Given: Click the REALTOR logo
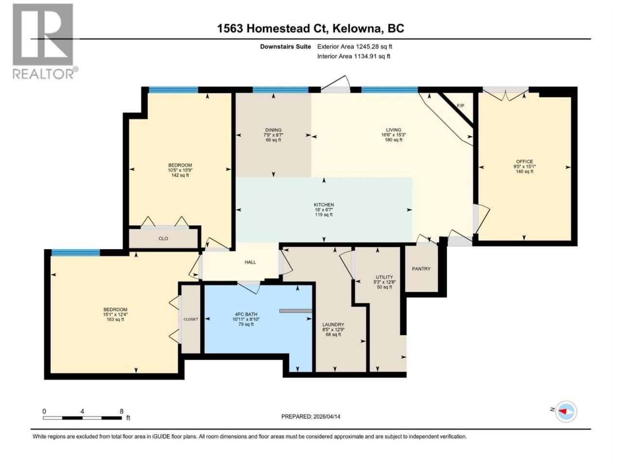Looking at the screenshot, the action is tap(45, 41).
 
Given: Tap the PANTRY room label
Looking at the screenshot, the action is tap(421, 269).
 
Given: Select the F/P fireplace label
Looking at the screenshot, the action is tap(461, 106).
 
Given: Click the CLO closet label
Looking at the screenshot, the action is tap(163, 238).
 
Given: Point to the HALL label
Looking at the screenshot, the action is tap(250, 262).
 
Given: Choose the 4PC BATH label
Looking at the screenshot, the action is tap(246, 314).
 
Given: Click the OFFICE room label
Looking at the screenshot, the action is tap(524, 162).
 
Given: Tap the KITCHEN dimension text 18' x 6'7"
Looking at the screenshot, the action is tap(324, 210).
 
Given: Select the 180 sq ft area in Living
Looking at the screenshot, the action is tap(393, 140).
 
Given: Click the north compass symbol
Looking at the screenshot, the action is tap(565, 412).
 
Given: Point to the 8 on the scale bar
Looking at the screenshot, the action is tap(121, 411).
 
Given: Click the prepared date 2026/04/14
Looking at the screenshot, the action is tap(327, 416).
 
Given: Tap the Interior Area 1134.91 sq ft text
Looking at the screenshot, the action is tap(354, 56).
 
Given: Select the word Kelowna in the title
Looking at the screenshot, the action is tap(356, 29).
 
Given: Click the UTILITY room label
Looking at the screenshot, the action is tap(384, 277).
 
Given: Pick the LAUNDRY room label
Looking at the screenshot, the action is tap(333, 324).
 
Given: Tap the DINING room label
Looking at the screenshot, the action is tap(274, 130).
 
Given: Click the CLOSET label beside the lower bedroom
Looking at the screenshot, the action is tap(190, 319).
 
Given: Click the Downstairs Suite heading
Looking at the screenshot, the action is tap(285, 47).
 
